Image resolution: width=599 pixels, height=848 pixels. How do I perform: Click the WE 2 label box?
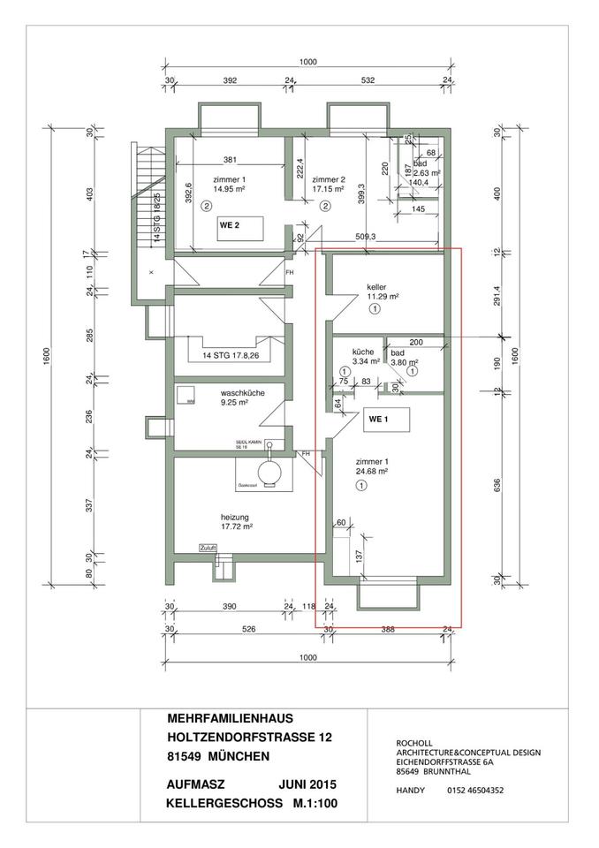[230, 225]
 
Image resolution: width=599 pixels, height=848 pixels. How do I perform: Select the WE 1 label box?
[379, 419]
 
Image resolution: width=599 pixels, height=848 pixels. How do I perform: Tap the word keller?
[377, 286]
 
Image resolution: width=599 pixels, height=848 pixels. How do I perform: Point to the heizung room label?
[236, 517]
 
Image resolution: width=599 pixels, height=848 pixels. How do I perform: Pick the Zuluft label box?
[209, 547]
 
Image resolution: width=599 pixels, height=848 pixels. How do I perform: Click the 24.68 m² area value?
[372, 473]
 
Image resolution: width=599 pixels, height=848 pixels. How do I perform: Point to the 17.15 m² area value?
[330, 188]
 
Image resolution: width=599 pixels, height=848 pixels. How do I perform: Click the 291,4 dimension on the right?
[497, 293]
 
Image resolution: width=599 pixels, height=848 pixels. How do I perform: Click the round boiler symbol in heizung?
[267, 470]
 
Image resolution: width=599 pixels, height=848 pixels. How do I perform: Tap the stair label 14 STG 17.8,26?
[230, 357]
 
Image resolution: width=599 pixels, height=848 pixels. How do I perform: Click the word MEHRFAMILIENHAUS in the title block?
[230, 719]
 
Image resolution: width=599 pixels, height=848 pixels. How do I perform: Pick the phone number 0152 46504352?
[475, 790]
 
